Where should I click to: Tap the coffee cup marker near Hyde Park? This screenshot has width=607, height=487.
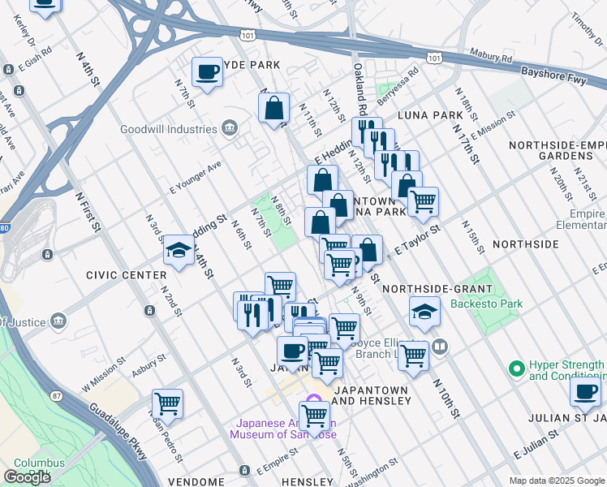click(x=207, y=73)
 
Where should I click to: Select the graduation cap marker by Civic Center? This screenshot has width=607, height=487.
click(x=179, y=251)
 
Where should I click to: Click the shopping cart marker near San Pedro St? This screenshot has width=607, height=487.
click(x=167, y=403)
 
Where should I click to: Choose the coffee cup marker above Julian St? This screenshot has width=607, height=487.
click(x=584, y=392)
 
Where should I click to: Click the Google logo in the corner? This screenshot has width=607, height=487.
click(x=27, y=477)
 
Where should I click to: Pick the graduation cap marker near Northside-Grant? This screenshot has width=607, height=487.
click(x=424, y=312)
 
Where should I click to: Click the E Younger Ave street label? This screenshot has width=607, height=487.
click(x=196, y=178)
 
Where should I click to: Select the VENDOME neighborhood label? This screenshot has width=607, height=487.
click(x=196, y=481)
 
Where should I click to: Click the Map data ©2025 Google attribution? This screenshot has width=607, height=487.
click(x=556, y=481)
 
